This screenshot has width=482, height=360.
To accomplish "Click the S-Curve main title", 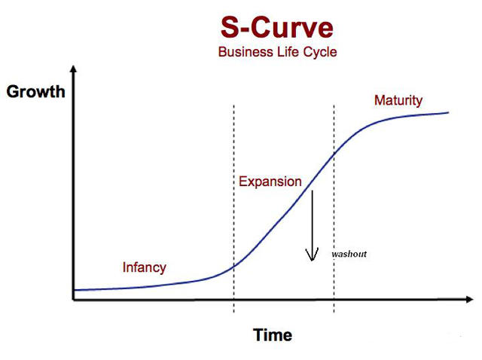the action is [277, 28].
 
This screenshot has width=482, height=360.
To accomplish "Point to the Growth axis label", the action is [35, 92].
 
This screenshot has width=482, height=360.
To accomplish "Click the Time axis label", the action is [273, 335].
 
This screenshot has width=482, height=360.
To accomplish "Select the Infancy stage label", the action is [144, 267].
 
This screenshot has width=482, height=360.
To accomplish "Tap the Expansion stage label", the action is [270, 182].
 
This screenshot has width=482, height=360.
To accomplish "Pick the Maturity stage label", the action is [398, 100].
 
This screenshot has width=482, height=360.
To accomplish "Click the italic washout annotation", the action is [349, 254].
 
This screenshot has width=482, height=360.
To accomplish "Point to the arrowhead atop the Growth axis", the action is [73, 69].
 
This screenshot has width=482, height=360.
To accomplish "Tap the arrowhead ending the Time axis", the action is [469, 299].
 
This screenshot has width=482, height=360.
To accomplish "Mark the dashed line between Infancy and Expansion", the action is [234, 209].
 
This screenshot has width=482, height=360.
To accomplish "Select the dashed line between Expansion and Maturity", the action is [334, 209].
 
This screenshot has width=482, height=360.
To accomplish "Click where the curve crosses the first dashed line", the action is [234, 266].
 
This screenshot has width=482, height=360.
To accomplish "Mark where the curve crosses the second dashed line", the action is [334, 154].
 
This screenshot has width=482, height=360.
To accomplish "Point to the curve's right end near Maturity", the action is [448, 112].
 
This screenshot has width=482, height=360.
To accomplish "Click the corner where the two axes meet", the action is [74, 300].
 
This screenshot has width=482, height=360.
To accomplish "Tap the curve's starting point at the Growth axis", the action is [75, 290].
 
